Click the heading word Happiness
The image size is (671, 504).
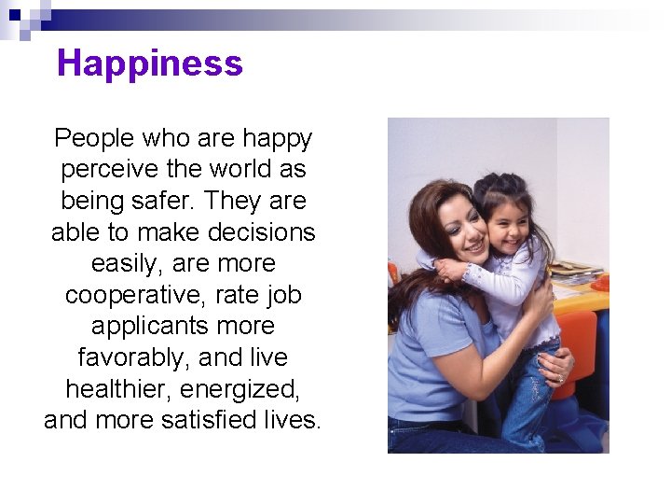tap(149, 63)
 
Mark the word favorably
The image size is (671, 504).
tap(134, 357)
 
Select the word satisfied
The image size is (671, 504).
tap(229, 420)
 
